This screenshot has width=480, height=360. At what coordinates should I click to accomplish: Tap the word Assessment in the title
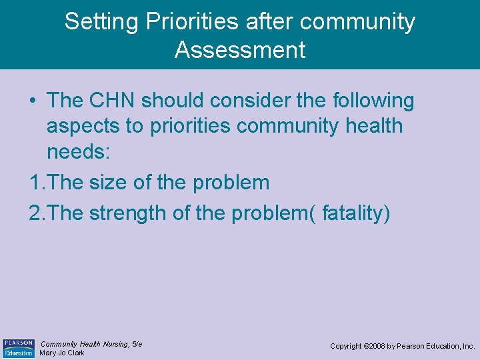click(x=240, y=50)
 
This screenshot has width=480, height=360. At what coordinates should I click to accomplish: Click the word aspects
click(x=86, y=125)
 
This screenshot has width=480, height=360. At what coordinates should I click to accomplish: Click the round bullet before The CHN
click(x=33, y=101)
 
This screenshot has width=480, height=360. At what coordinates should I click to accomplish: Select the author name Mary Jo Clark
click(x=62, y=353)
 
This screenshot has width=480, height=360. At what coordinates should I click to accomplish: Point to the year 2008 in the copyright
click(x=375, y=347)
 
